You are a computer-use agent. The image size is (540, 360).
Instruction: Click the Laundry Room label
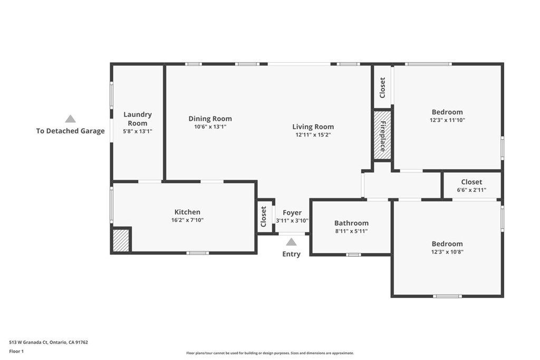[x=138, y=119]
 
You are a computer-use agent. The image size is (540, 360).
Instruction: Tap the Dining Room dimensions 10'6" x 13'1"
[x=210, y=127]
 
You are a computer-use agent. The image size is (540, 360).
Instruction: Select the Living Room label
[x=313, y=127]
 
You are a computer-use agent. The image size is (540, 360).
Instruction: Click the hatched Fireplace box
[x=382, y=135]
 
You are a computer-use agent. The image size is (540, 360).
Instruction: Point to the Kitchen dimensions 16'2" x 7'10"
[x=187, y=220]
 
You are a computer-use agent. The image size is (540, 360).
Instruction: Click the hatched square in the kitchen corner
[x=121, y=240]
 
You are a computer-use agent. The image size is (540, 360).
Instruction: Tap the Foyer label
[x=292, y=213]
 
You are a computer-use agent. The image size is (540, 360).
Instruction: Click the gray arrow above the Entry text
[x=291, y=242]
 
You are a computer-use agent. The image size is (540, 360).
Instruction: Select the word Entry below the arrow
[x=291, y=254]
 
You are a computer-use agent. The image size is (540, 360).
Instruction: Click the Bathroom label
[x=351, y=223]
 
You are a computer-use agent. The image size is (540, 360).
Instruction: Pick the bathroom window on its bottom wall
[x=353, y=255]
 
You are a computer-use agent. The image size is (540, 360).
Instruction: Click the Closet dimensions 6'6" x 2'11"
[x=471, y=190]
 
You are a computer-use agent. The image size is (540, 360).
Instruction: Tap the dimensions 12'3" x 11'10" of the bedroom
[x=447, y=120]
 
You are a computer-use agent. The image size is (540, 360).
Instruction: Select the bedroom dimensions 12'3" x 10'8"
[x=447, y=251]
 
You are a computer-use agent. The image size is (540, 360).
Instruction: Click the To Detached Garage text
[x=70, y=131]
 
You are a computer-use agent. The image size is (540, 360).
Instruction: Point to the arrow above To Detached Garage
[x=70, y=119]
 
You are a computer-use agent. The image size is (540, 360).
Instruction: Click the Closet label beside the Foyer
[x=264, y=217]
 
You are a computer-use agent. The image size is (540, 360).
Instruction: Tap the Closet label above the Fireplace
[x=382, y=88]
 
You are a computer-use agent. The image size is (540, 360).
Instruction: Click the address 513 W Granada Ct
[x=28, y=343]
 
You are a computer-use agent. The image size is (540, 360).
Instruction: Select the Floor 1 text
[x=16, y=352]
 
